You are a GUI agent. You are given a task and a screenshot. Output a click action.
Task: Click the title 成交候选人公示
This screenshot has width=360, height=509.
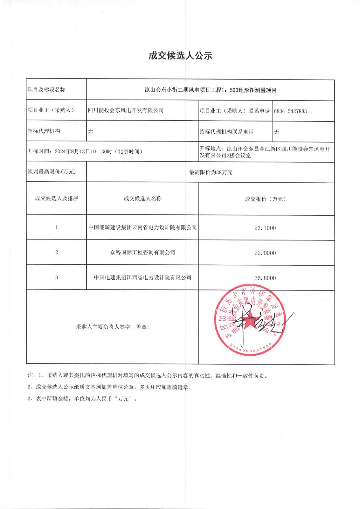click(180, 56)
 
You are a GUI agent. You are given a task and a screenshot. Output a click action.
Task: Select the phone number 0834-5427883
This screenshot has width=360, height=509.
click(290, 111)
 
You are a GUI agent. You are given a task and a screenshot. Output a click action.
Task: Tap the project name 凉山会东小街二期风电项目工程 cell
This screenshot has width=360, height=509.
click(210, 90)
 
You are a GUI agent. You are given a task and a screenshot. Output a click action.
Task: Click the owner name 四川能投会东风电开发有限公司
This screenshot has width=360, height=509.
click(126, 110)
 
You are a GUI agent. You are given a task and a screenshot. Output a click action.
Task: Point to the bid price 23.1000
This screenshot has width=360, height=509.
click(265, 228)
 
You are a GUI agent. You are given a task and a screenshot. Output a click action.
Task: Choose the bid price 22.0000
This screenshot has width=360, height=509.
click(265, 253)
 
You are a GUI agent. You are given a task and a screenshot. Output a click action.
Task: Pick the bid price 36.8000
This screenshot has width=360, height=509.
click(265, 278)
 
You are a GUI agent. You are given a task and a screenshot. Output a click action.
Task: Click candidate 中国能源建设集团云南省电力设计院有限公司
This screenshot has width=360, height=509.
click(142, 227)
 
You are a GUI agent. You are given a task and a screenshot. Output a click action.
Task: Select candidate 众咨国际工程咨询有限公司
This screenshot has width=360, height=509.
click(142, 253)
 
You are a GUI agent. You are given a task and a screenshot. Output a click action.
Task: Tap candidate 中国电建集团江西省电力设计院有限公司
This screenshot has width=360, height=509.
click(142, 277)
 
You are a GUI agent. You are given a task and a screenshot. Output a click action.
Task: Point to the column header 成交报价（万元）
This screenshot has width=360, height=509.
click(266, 199)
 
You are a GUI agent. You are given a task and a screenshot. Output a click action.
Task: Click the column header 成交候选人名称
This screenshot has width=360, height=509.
click(142, 199)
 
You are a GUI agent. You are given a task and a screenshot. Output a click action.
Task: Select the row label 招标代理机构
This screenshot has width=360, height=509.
click(44, 131)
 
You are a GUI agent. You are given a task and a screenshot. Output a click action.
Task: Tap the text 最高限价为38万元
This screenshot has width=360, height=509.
click(211, 172)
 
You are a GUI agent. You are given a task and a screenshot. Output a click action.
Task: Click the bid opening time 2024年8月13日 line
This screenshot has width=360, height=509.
click(85, 151)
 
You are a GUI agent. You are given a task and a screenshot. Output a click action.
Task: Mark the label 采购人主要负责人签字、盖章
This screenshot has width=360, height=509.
click(112, 327)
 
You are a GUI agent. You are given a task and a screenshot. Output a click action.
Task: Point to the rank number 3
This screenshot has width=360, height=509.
click(57, 277)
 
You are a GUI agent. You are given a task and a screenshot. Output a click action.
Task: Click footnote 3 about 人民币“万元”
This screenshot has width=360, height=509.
click(82, 399)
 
